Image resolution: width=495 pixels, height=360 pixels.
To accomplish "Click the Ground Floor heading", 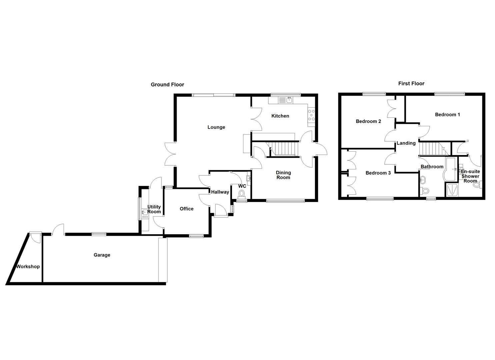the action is pos(167,84).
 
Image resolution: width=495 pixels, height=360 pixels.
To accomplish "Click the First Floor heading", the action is pos(411,84).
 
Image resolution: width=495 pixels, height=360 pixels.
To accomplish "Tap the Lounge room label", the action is pos(216,127).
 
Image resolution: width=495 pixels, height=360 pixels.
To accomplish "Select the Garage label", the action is pos(102,255).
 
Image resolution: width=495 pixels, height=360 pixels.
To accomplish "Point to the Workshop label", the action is pos(28,266).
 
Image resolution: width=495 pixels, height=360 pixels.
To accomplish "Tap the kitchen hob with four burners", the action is pos(311,115).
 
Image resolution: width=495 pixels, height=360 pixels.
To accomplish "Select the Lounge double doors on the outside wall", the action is pos(170,154).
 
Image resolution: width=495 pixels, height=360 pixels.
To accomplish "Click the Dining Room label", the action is pos(283,175).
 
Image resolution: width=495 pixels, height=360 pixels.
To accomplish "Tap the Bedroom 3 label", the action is pos(378,173).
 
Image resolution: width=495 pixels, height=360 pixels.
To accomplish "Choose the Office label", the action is pos(187,209).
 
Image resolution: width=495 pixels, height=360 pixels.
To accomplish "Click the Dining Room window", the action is pos(285,201).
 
